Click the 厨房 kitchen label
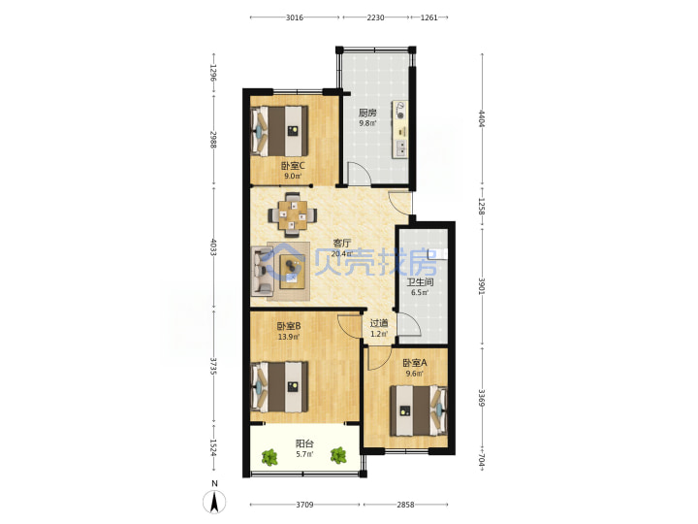[367, 113]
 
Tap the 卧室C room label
[293, 166]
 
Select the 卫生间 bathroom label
[420, 282]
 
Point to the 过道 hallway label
[379, 323]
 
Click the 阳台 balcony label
[304, 443]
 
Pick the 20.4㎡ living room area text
[342, 254]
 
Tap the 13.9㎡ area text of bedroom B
[289, 337]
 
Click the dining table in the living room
[293, 215]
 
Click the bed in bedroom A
[418, 410]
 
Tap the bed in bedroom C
[279, 131]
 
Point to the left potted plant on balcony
[269, 458]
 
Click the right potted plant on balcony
[338, 455]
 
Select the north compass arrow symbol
[214, 503]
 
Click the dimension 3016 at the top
[295, 17]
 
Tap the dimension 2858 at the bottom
[405, 505]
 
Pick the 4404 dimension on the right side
[482, 118]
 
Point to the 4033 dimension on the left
[213, 247]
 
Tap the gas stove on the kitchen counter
[399, 111]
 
